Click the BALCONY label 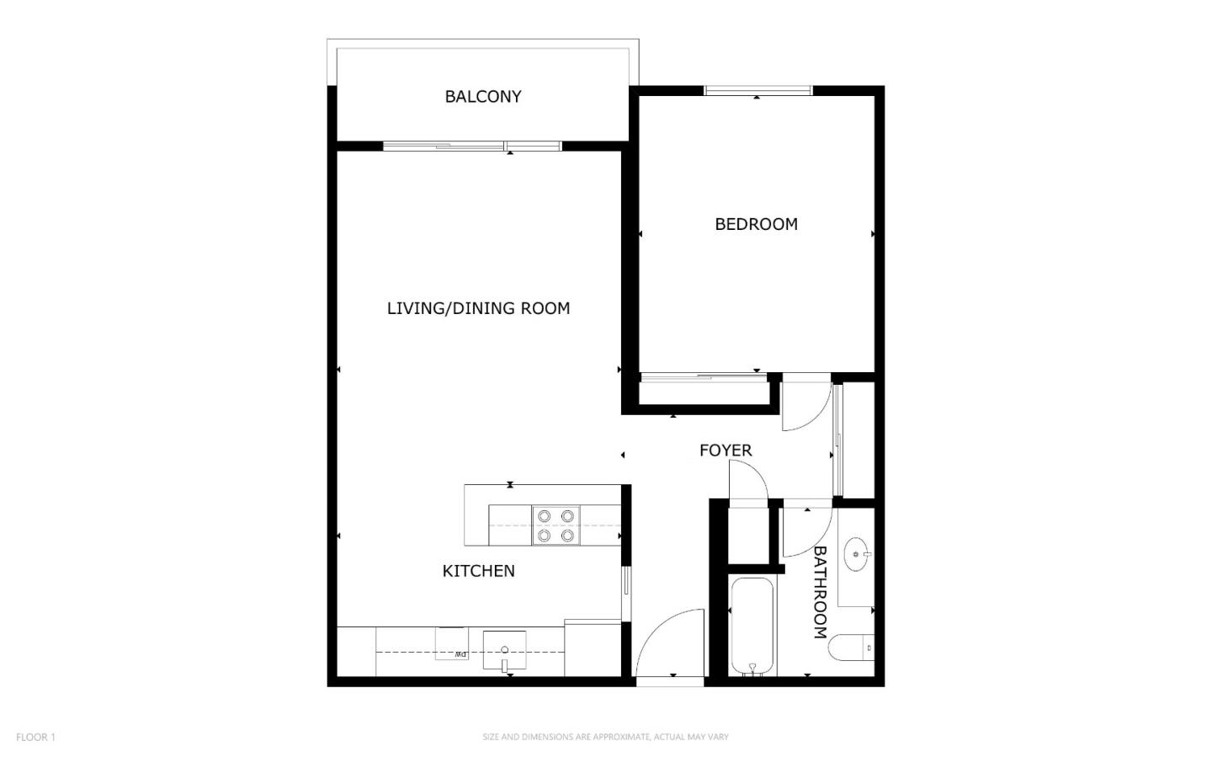coord(482,96)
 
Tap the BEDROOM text coord(756,224)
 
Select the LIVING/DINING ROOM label coord(478,309)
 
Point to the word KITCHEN coord(478,571)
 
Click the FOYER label coord(726,450)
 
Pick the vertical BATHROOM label coord(821,593)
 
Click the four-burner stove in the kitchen coord(555,525)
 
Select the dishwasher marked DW coord(452,644)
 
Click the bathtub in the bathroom coord(752,626)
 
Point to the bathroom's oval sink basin coord(857,554)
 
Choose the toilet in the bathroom coord(851,648)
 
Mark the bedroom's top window coord(758,90)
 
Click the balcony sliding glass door coord(472,147)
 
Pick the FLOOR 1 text coord(35,738)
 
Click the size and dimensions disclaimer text coord(605,737)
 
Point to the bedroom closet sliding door coord(704,377)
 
